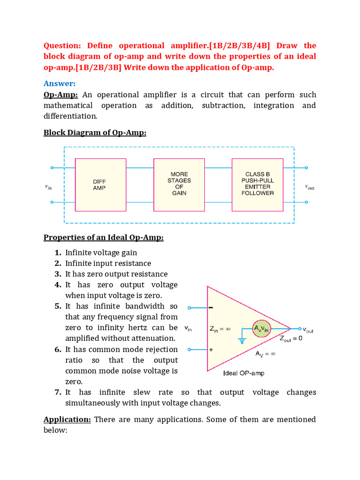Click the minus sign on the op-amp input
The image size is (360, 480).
(211, 308)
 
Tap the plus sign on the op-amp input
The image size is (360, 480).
(211, 350)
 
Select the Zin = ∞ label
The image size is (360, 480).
(220, 329)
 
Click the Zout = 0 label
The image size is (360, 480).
(291, 339)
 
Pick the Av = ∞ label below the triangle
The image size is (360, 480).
(265, 354)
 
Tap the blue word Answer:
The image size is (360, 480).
(60, 83)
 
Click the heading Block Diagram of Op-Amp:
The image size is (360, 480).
(95, 132)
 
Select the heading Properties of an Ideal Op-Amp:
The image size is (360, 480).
(104, 237)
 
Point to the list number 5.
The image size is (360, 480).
(58, 306)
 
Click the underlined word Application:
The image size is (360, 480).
(67, 419)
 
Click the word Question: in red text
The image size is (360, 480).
(62, 45)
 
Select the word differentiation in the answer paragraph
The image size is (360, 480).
(70, 116)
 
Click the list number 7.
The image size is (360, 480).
(58, 392)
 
